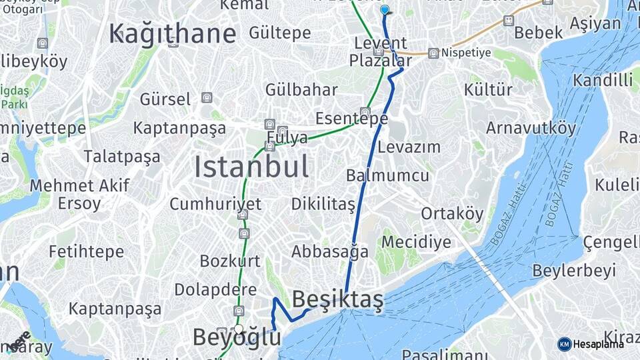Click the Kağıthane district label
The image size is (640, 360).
[x=173, y=33]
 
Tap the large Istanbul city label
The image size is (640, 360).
[x=251, y=166]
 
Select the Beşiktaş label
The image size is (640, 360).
[x=337, y=300]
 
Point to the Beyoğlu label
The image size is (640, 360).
[x=236, y=337]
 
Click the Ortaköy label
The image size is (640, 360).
[x=452, y=213]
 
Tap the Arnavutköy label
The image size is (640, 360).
[x=531, y=127]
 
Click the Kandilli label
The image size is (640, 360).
[x=603, y=81]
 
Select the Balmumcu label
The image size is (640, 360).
[x=387, y=176]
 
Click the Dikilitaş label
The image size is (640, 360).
[x=323, y=204]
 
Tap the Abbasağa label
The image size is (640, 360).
[x=329, y=252]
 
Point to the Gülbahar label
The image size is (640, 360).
[x=301, y=89]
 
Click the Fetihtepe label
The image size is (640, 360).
[x=86, y=251]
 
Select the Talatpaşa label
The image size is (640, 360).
[x=122, y=157]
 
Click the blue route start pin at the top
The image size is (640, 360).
[x=385, y=9]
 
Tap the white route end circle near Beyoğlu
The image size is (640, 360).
[x=238, y=329]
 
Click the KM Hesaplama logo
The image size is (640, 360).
[x=591, y=344]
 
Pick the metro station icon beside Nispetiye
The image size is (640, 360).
[x=433, y=53]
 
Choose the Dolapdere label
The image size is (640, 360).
[x=215, y=289]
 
